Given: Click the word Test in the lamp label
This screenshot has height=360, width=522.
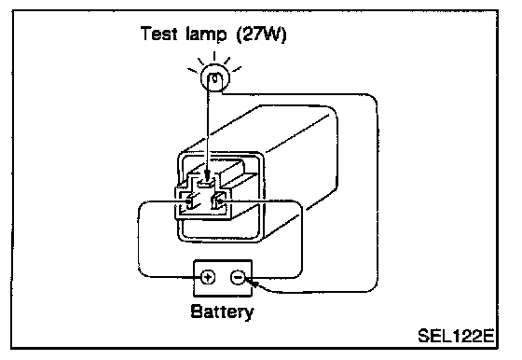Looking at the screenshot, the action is (x=158, y=34).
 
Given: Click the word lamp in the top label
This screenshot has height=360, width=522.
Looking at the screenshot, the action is (x=206, y=35).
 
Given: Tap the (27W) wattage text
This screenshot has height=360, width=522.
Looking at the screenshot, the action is (x=261, y=35).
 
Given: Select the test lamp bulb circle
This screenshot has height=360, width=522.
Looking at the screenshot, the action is (x=215, y=78).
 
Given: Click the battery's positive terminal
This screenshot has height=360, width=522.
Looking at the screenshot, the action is (x=208, y=277).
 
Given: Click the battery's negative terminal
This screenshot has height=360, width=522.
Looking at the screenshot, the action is (x=238, y=277).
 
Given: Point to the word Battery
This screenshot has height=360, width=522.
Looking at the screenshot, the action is (x=223, y=312).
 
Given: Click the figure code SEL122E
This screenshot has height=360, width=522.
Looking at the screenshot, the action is (x=456, y=336).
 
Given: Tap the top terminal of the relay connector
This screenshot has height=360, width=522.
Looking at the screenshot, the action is (x=206, y=182).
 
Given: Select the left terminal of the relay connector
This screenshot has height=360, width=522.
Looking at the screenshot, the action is (x=188, y=201).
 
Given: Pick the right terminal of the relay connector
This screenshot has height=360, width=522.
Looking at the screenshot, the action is (x=219, y=201).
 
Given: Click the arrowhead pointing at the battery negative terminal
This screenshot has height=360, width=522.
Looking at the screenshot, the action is (x=252, y=284).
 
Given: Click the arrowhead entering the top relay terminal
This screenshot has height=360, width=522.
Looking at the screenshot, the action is (x=207, y=174).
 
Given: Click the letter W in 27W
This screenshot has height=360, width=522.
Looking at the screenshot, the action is (x=270, y=34).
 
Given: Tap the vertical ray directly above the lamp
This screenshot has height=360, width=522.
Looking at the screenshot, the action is (x=214, y=56).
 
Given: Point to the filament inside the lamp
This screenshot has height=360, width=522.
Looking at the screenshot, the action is (x=215, y=78).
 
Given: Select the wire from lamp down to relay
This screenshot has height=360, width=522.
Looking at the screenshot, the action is (x=208, y=127).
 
